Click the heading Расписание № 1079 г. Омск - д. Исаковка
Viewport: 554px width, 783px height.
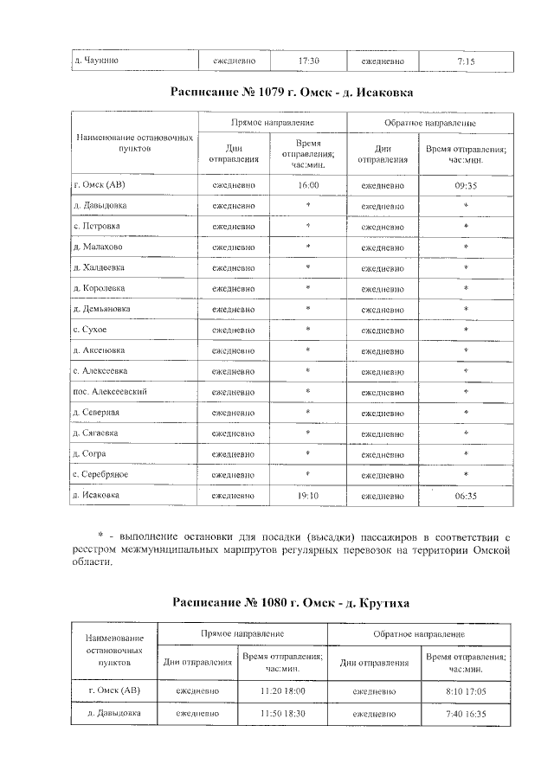[x=291, y=91]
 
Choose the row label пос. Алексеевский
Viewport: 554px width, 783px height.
[x=108, y=392]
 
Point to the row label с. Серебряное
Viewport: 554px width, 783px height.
[x=104, y=475]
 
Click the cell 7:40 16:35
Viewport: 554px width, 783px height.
[x=465, y=715]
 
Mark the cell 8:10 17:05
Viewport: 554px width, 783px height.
[x=465, y=690]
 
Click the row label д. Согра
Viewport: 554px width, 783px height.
[x=89, y=454]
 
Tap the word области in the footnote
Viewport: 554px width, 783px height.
[x=92, y=562]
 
